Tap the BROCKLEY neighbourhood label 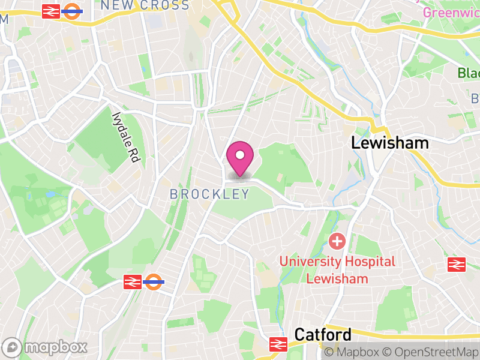click(x=209, y=194)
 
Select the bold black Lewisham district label click(x=390, y=143)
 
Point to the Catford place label click(x=323, y=335)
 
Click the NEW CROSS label click(x=145, y=6)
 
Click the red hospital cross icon click(x=337, y=242)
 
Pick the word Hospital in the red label click(x=369, y=262)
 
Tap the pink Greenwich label click(x=451, y=12)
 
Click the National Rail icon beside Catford click(x=278, y=343)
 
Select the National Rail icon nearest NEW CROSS click(x=51, y=11)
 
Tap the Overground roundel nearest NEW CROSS click(x=72, y=11)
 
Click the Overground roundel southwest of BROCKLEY click(x=154, y=281)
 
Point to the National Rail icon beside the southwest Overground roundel click(x=133, y=281)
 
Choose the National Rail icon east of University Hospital click(x=457, y=264)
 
